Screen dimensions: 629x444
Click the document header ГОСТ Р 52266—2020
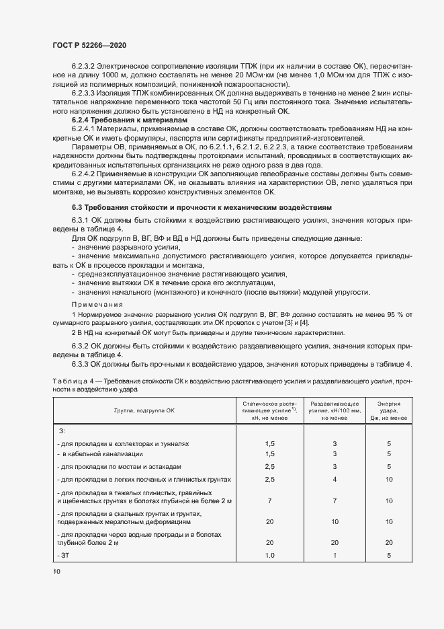pos(89,44)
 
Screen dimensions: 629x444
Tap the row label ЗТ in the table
pos(65,555)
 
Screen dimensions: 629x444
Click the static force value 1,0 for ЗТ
pos(269,555)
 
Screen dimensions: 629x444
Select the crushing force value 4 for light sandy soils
pos(334,479)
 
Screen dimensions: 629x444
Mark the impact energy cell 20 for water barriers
pos(388,542)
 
